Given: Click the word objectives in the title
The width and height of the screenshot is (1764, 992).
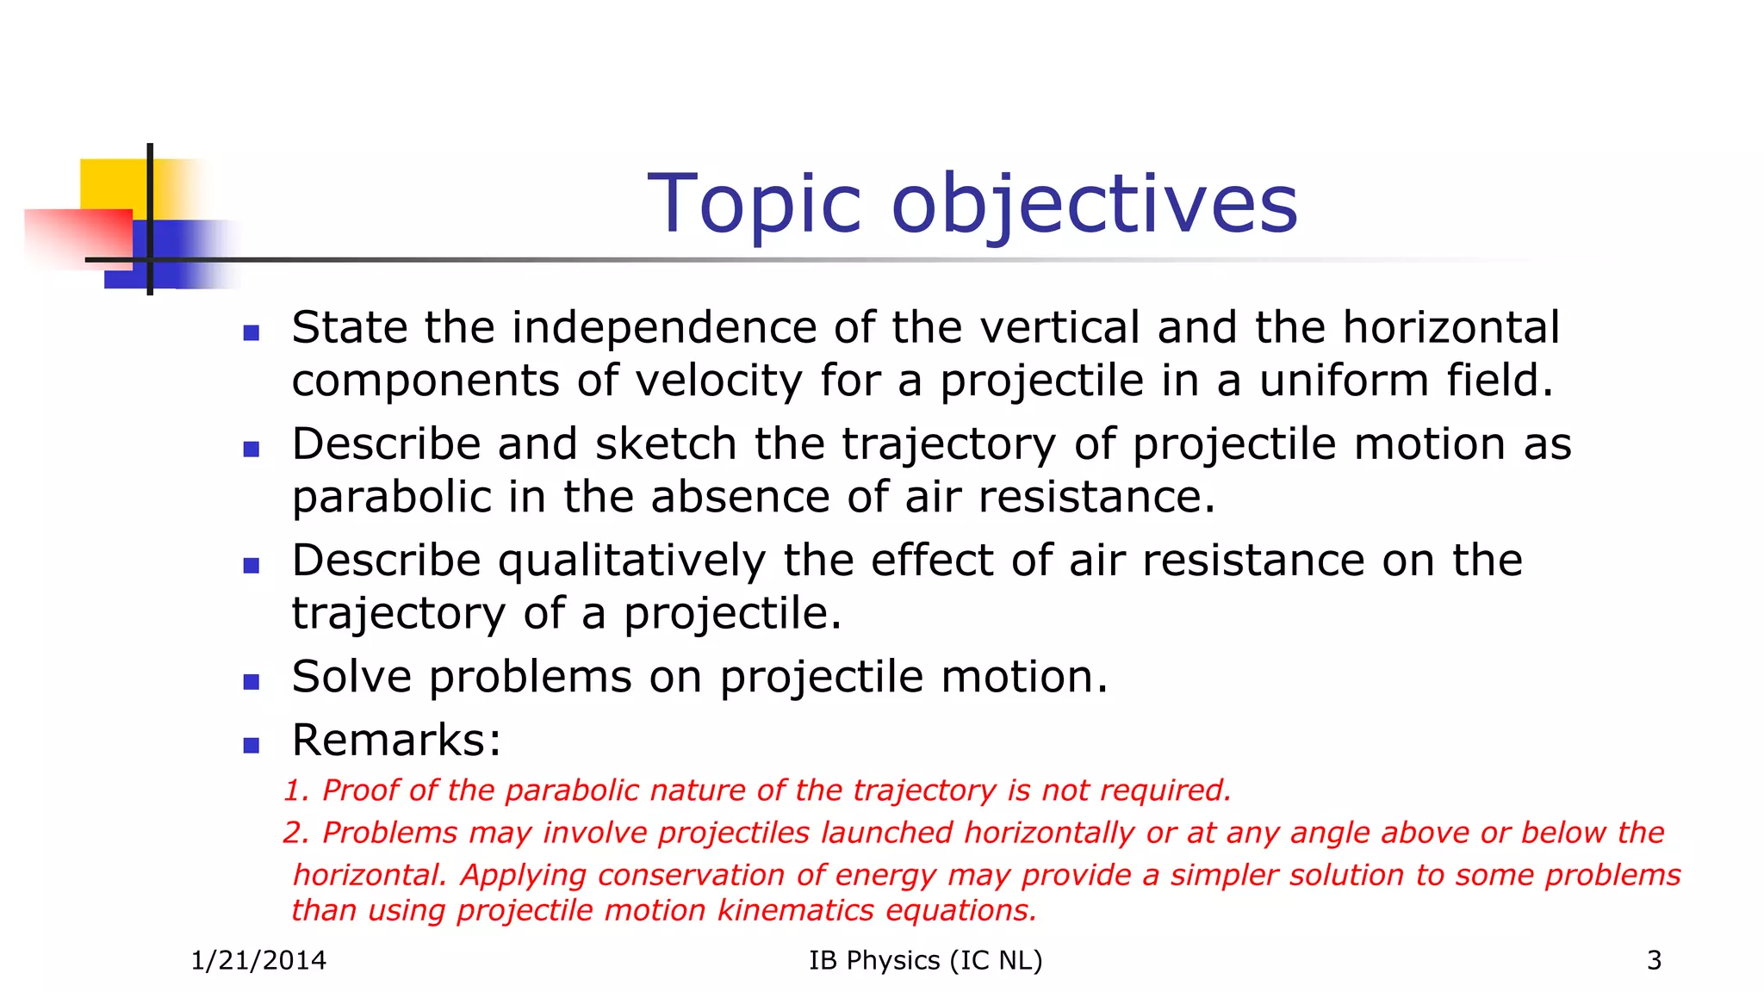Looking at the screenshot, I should [x=1094, y=205].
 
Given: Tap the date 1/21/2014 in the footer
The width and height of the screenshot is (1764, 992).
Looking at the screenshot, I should [x=258, y=960].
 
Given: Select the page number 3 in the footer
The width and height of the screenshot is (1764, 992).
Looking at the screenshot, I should [x=1654, y=960].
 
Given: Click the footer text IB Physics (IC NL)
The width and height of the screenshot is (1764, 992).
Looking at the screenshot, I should [x=925, y=960].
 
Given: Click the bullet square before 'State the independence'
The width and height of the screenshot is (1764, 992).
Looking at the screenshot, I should [x=252, y=333].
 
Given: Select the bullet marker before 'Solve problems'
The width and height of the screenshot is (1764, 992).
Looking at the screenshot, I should [x=252, y=682].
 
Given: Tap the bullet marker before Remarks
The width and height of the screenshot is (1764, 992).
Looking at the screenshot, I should [x=252, y=746].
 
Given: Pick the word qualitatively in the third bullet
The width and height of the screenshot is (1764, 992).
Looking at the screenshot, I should [x=631, y=561].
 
